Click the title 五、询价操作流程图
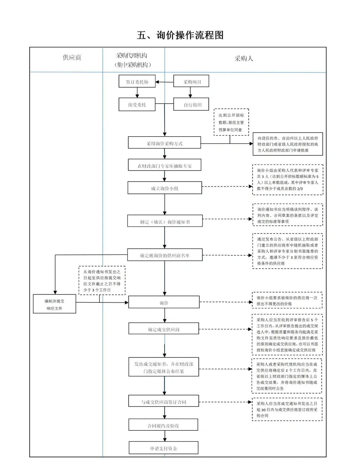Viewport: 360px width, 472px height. pyautogui.click(x=180, y=35)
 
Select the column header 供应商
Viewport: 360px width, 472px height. pyautogui.click(x=72, y=58)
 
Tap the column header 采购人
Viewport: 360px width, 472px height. pyautogui.click(x=244, y=59)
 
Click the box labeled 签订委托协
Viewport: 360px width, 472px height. pyautogui.click(x=137, y=82)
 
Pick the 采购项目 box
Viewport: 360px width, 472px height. pyautogui.click(x=191, y=82)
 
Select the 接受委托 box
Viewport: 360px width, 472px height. pyautogui.click(x=137, y=105)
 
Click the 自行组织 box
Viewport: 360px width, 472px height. pyautogui.click(x=191, y=105)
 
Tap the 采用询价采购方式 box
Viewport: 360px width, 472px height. pyautogui.click(x=164, y=143)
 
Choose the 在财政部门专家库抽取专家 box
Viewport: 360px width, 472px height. pyautogui.click(x=164, y=166)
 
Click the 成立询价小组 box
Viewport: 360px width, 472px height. pyautogui.click(x=165, y=188)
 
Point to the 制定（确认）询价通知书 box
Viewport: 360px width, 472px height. pyautogui.click(x=165, y=222)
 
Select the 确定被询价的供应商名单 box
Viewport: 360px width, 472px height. pyautogui.click(x=165, y=255)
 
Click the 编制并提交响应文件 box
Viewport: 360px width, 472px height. pyautogui.click(x=54, y=304)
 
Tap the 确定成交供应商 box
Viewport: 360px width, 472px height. pyautogui.click(x=164, y=329)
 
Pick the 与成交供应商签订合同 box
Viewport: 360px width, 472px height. pyautogui.click(x=164, y=402)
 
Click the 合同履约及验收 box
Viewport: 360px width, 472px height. pyautogui.click(x=163, y=425)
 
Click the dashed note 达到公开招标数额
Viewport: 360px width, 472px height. pyautogui.click(x=231, y=122)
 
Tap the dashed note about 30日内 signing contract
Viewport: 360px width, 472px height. pyautogui.click(x=287, y=409)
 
